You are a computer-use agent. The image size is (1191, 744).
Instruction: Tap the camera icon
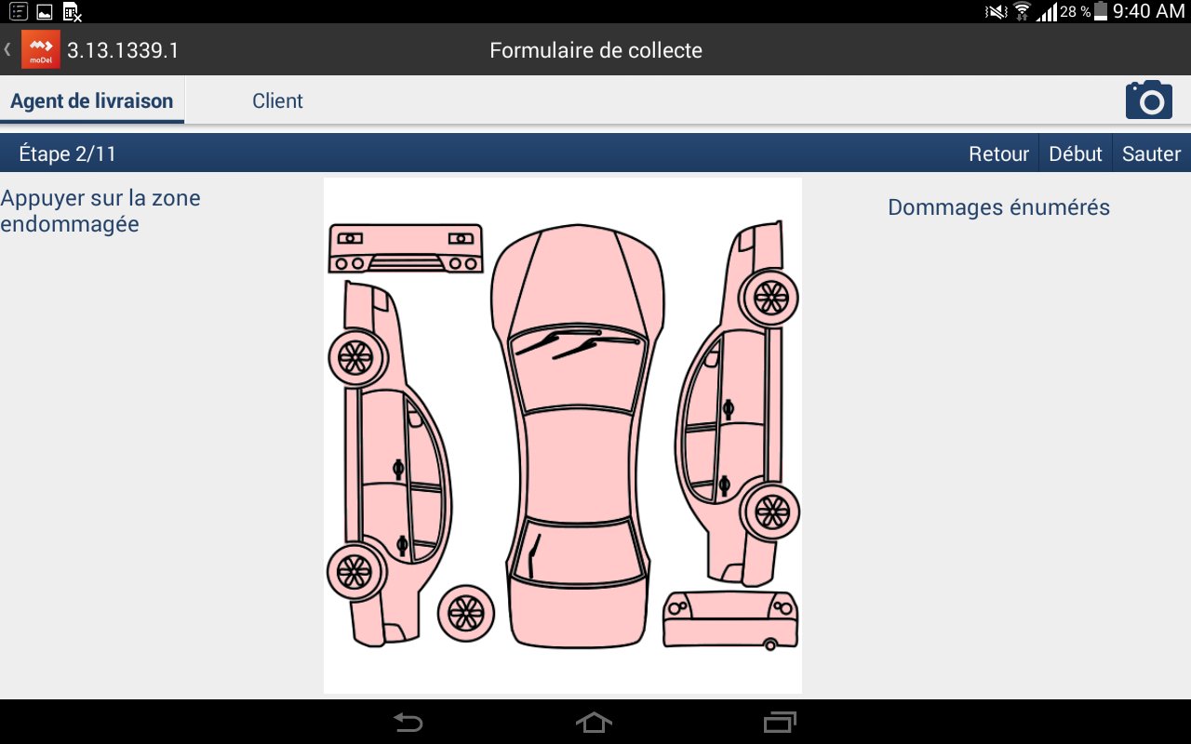(x=1148, y=100)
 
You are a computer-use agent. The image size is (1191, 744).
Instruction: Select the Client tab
(x=277, y=101)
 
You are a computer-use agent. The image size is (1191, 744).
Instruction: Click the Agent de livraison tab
(x=92, y=101)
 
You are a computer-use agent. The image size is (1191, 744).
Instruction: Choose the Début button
(x=1075, y=153)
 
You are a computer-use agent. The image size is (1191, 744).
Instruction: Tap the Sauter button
(x=1151, y=153)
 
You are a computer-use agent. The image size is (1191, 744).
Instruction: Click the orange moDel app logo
(x=40, y=49)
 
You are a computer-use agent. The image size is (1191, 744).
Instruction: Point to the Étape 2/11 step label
(x=68, y=153)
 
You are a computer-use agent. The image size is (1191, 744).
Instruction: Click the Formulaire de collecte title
(x=595, y=50)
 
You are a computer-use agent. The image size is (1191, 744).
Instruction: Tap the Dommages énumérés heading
(x=998, y=207)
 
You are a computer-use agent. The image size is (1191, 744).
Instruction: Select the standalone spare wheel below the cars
(x=466, y=613)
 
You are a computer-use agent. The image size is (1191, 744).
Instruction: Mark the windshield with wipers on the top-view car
(x=578, y=367)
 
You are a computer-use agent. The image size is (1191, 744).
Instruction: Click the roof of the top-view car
(x=578, y=465)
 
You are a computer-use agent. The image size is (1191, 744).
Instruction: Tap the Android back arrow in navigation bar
(x=408, y=723)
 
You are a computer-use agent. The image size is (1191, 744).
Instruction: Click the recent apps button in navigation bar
(x=780, y=723)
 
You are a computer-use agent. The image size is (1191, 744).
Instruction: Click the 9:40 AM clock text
(x=1148, y=10)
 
